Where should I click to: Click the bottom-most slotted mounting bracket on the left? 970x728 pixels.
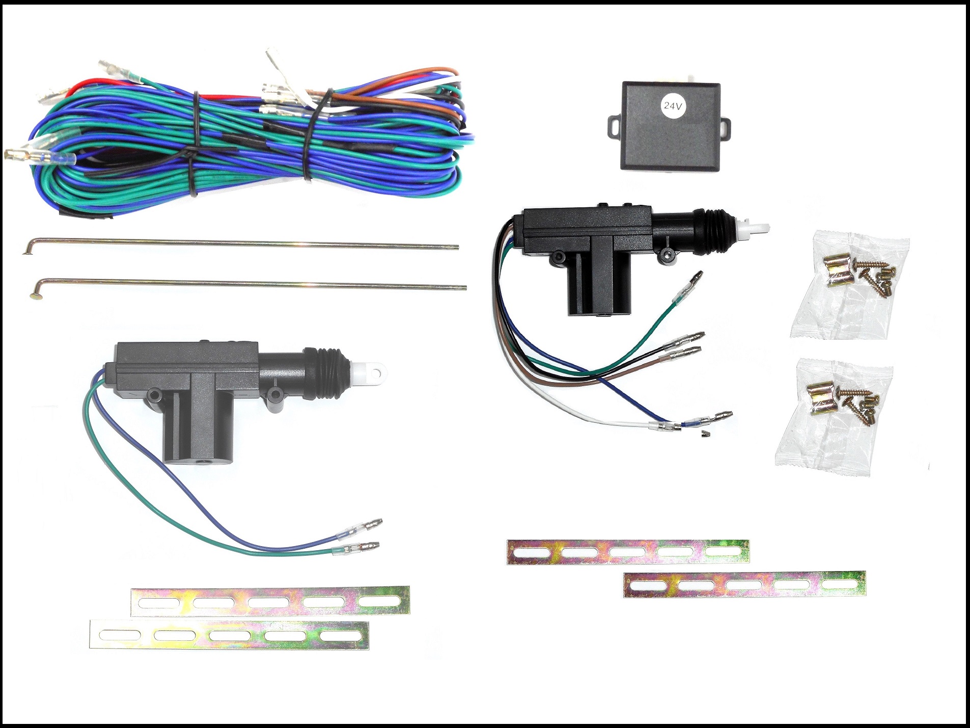(x=229, y=635)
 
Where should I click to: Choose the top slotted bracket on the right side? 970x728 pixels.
(x=628, y=551)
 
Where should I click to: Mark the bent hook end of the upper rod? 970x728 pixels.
(x=28, y=249)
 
